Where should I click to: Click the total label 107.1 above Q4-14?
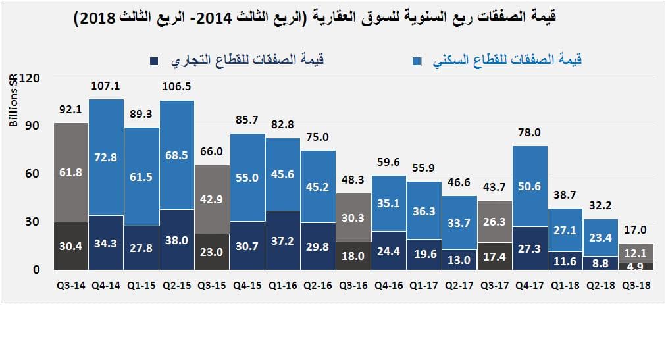click(x=106, y=86)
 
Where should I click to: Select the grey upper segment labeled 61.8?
click(x=70, y=172)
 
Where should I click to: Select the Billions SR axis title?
click(x=13, y=103)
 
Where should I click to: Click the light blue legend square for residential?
click(x=417, y=61)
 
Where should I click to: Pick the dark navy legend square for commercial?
click(x=155, y=61)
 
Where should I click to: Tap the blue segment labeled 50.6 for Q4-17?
click(x=530, y=186)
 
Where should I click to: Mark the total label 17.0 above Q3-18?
click(x=635, y=230)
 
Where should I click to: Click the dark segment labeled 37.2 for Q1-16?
click(x=283, y=240)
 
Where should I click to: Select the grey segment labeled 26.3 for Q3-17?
click(x=494, y=222)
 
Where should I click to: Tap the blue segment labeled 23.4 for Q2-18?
click(x=600, y=238)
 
